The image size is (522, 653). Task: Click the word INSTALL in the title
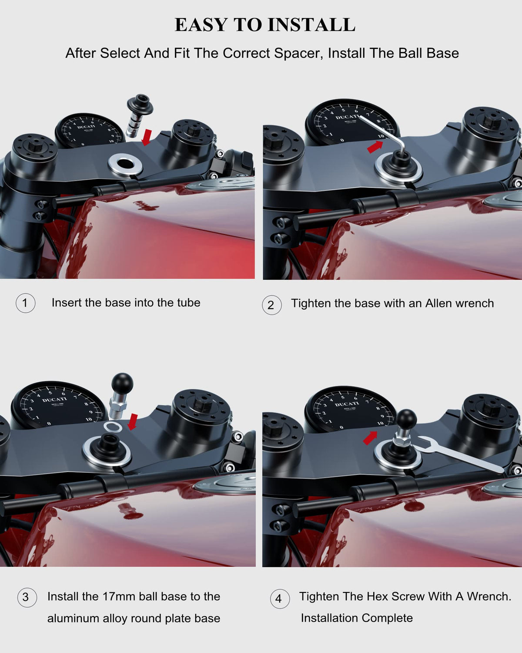pos(312,24)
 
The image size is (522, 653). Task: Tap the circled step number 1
pos(26,303)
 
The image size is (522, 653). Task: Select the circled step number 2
pos(272,305)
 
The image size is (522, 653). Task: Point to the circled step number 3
pos(27,597)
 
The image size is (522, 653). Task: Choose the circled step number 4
pos(280,599)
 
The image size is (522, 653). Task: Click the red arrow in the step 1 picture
pos(147,137)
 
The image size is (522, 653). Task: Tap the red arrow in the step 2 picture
pos(375,147)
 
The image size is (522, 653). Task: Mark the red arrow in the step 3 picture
pos(133,422)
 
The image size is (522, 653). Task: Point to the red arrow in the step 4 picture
pos(370,438)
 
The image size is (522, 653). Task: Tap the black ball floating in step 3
pos(123,383)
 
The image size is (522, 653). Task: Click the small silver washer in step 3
pos(113,427)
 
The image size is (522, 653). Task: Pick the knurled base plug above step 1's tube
pos(139,115)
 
